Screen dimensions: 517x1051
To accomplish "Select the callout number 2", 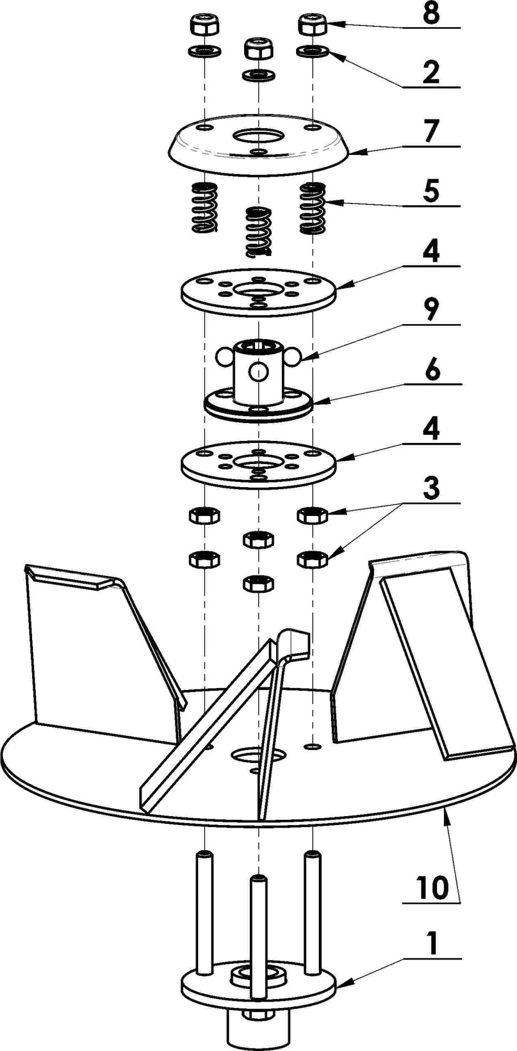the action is (431, 73).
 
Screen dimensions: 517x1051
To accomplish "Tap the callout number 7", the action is (431, 132).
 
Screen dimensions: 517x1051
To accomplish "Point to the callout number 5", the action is (431, 192).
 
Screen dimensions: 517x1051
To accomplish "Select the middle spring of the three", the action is (258, 231).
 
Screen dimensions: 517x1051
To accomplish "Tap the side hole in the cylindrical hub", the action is (258, 372).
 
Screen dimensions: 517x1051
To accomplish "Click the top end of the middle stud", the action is (258, 879).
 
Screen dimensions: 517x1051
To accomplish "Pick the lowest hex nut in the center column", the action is (258, 583).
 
